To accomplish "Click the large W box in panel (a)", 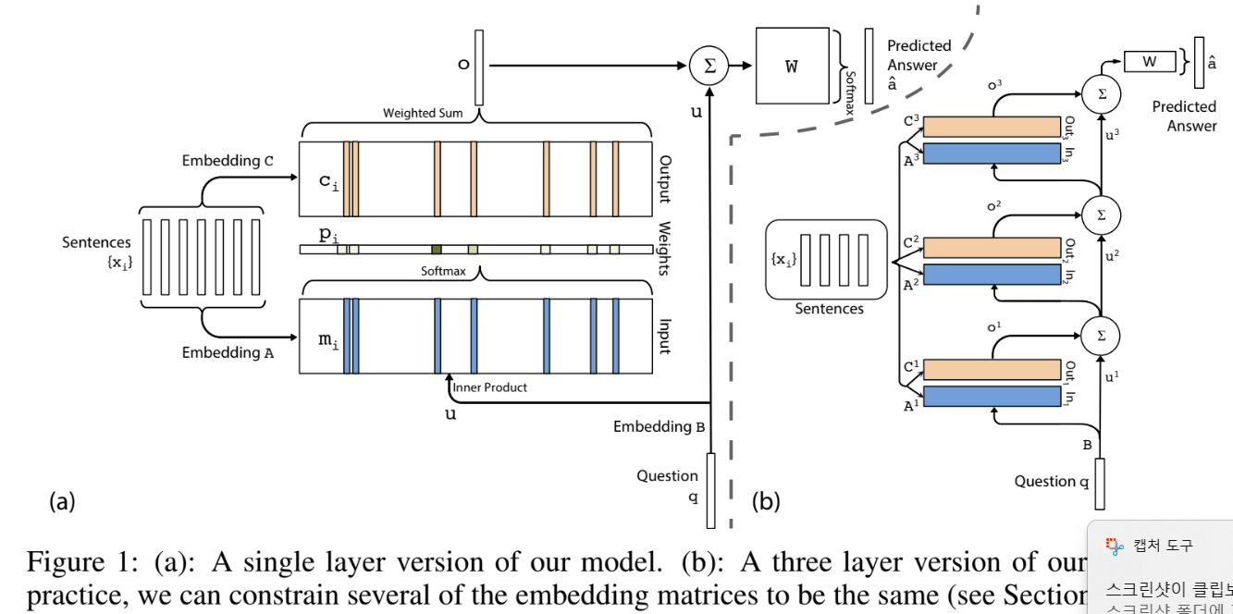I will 792,66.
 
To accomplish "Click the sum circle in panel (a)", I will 708,66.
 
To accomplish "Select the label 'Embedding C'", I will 228,161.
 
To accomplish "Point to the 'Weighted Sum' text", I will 423,114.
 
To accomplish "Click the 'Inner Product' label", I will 490,387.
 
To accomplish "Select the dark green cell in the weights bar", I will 437,250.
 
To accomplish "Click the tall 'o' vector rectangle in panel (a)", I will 478,67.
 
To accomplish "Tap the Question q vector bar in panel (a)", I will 710,490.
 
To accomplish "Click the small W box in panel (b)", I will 1150,62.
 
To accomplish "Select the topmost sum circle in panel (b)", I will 1101,94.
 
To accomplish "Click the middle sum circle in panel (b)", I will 1101,215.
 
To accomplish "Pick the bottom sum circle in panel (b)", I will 1101,335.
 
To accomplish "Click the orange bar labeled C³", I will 992,127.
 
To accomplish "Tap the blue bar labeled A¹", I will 992,397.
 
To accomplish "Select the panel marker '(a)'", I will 61,502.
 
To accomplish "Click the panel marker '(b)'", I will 766,502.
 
